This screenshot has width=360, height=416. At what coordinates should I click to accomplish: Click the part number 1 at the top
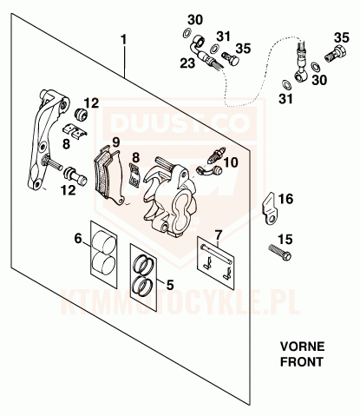tap(124, 40)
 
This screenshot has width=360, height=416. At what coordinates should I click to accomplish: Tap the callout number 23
tap(188, 63)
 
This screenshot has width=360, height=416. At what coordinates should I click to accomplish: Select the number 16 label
tap(285, 199)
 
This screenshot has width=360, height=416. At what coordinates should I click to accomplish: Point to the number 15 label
tap(285, 240)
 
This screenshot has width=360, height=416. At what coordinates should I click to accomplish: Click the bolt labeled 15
tap(280, 252)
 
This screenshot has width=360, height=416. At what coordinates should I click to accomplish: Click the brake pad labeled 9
tap(109, 175)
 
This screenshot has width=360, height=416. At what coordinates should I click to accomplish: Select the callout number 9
tap(115, 142)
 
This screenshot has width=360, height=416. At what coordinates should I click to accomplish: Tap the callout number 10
tap(231, 162)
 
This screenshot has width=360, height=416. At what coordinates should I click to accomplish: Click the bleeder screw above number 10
tap(216, 155)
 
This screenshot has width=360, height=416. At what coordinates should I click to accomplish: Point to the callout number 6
tap(78, 239)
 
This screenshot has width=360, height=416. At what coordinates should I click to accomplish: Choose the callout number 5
tap(170, 285)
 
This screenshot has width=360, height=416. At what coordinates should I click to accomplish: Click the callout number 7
tap(218, 234)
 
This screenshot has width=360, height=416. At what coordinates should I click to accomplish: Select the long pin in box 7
tap(215, 254)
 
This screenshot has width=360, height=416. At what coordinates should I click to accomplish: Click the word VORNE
tap(302, 347)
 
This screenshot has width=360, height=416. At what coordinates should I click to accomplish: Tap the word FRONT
tap(301, 362)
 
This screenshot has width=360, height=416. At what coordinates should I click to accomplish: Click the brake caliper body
tap(168, 195)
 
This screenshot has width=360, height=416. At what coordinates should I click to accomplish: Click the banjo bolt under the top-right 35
tap(336, 54)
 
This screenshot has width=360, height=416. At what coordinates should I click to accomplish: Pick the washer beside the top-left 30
tap(187, 33)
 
